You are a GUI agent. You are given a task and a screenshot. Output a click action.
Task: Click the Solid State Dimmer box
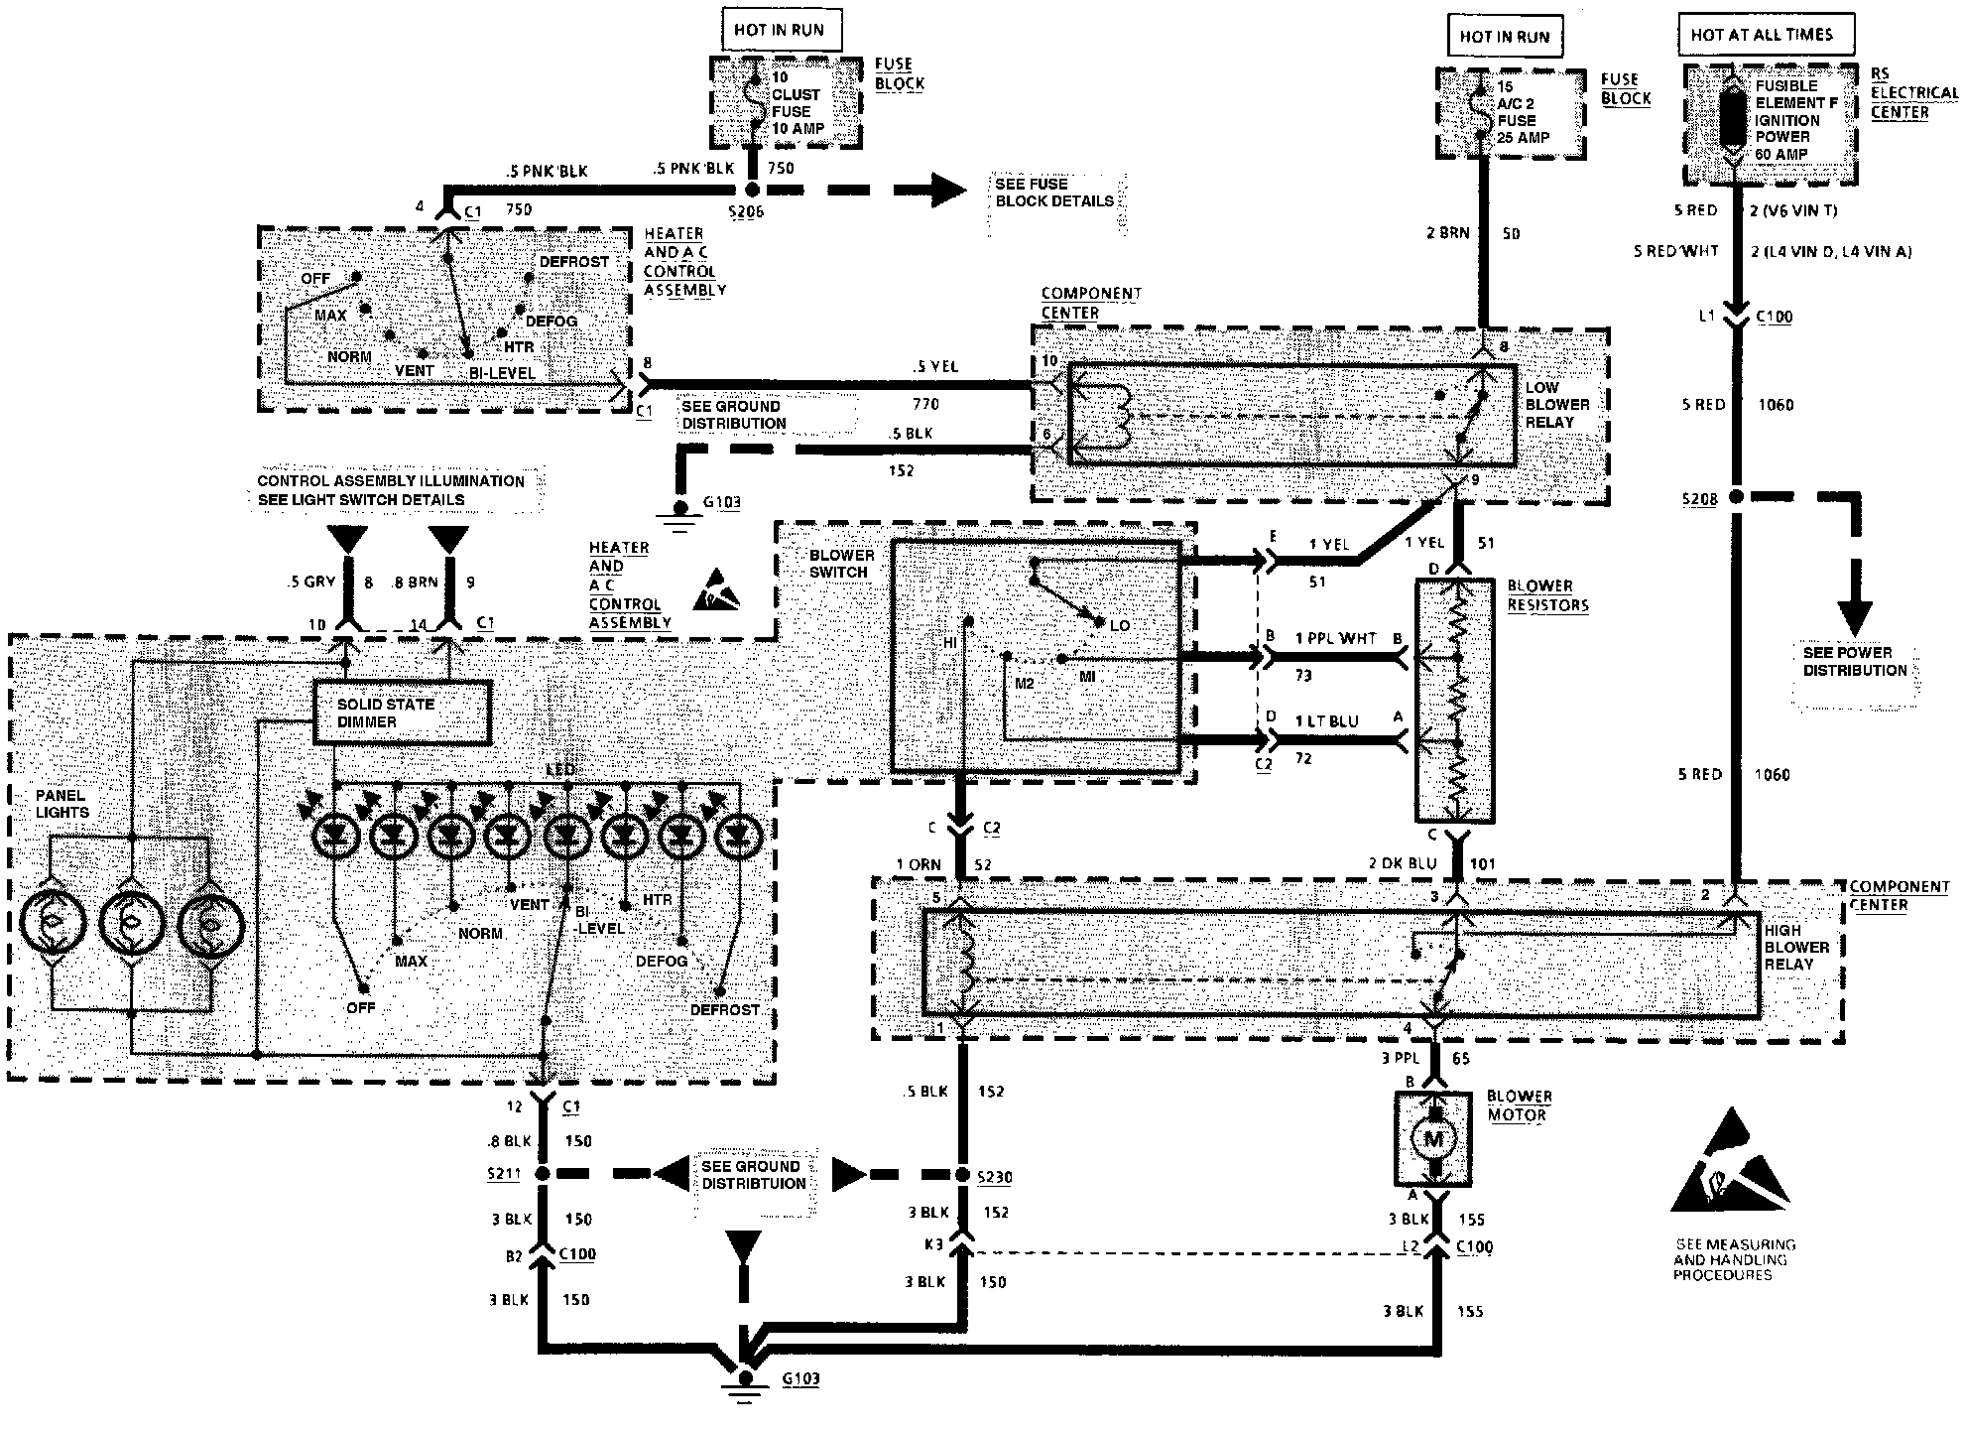[x=402, y=713]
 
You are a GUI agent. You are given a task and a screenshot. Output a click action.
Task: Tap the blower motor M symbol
[x=1433, y=1139]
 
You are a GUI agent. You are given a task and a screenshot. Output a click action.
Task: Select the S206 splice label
[x=745, y=211]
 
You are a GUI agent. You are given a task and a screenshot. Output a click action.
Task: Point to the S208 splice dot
[x=1736, y=497]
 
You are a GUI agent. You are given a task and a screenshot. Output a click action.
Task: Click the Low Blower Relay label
[x=1557, y=405]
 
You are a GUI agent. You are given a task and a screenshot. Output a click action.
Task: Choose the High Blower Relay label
[x=1796, y=947]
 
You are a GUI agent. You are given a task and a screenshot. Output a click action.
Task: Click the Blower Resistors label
[x=1547, y=595]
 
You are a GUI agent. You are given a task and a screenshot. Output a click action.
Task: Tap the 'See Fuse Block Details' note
[x=1054, y=193]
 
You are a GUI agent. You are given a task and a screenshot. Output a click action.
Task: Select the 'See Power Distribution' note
[x=1855, y=662]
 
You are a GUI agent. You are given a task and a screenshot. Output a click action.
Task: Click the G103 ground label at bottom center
[x=800, y=1379]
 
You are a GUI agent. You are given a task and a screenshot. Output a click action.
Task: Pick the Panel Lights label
[x=62, y=804]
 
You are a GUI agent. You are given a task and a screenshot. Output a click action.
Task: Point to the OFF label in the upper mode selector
[x=315, y=278]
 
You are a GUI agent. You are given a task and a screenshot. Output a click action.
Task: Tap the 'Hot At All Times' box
[x=1762, y=35]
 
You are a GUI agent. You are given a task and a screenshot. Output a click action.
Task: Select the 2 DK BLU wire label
[x=1401, y=863]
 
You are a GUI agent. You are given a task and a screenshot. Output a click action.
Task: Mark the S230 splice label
[x=995, y=1177]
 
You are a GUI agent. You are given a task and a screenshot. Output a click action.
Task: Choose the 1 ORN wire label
[x=919, y=864]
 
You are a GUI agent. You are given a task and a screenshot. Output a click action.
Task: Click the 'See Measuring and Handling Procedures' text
[x=1734, y=1259]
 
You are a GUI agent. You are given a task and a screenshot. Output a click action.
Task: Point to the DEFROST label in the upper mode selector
[x=574, y=262]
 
